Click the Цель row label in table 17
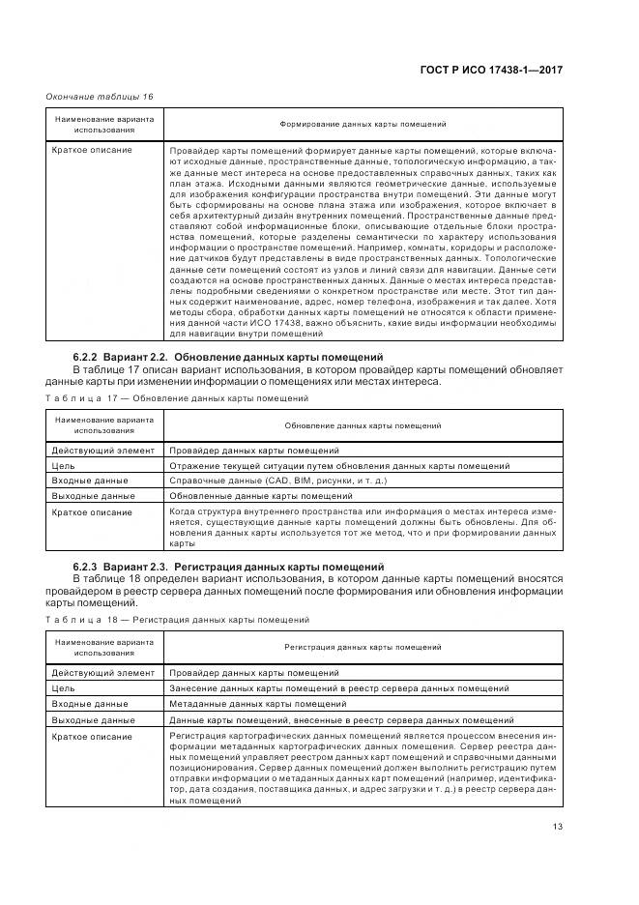click(x=63, y=465)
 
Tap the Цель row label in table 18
click(x=63, y=688)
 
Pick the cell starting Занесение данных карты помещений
click(x=338, y=688)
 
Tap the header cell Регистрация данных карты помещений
click(x=363, y=645)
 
